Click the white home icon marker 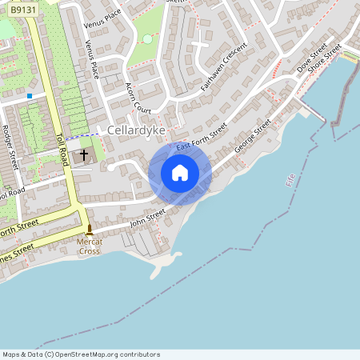tap(180, 173)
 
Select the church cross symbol tap(83, 154)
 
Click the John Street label tap(147, 218)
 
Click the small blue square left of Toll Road tap(30, 96)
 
